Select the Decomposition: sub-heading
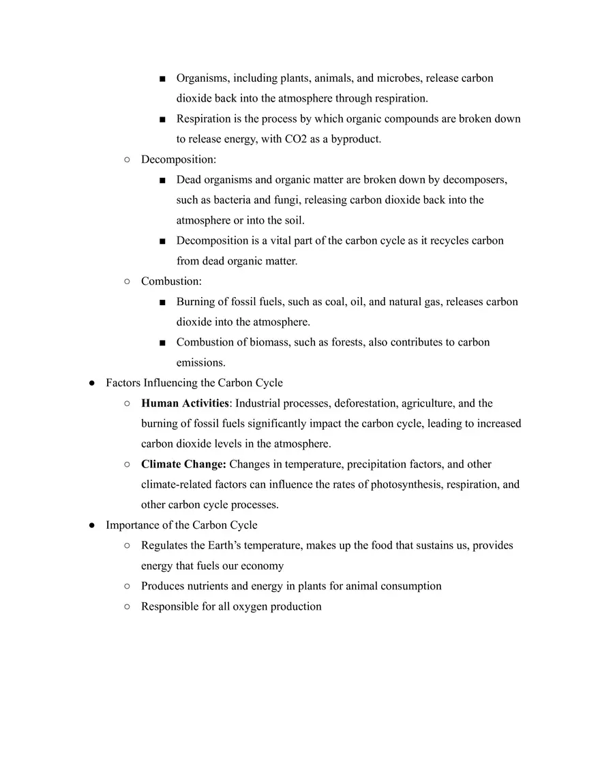tap(179, 159)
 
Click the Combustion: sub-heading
tap(171, 281)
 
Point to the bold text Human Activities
tap(185, 403)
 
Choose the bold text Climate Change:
tap(183, 464)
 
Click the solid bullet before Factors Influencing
tap(91, 383)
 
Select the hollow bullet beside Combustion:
tap(127, 281)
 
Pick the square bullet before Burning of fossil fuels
tap(162, 302)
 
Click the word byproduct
tap(356, 139)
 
